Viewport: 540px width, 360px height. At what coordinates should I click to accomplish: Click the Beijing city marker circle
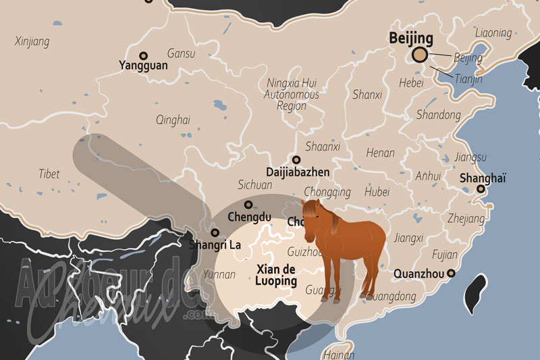[419, 55]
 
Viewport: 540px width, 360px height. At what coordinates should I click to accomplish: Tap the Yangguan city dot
[143, 55]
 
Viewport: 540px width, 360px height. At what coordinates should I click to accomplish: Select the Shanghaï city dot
[481, 188]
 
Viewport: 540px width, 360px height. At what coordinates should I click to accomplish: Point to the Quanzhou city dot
[450, 274]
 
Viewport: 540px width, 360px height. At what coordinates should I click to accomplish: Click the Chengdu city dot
[248, 204]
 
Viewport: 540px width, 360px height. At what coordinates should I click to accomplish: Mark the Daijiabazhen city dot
[296, 160]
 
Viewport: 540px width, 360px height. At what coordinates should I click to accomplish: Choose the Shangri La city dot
[215, 232]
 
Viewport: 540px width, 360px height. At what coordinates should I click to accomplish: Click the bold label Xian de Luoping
[277, 274]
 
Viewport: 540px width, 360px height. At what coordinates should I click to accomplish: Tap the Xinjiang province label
[32, 42]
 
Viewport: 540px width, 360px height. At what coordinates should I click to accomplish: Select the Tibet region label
[49, 174]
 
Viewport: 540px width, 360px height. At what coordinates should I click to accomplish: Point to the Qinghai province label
[173, 120]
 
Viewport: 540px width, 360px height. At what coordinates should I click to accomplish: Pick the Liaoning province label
[493, 32]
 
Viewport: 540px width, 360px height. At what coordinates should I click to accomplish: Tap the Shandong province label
[438, 115]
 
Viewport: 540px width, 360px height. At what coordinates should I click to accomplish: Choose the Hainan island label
[338, 354]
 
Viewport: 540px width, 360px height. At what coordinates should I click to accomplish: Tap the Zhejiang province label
[466, 219]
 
